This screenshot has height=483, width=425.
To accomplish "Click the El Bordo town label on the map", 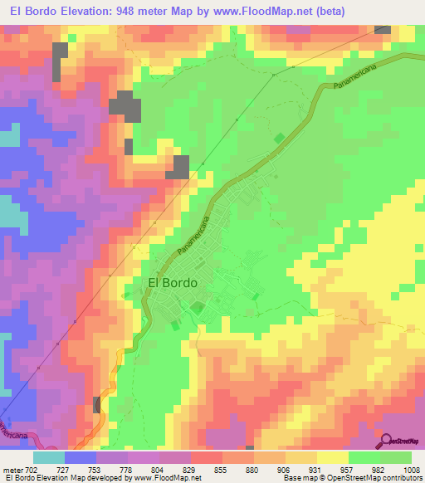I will pos(173,282).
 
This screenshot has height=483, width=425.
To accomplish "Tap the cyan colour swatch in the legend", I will pos(49,457).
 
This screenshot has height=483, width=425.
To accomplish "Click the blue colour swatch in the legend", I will pos(81,457).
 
